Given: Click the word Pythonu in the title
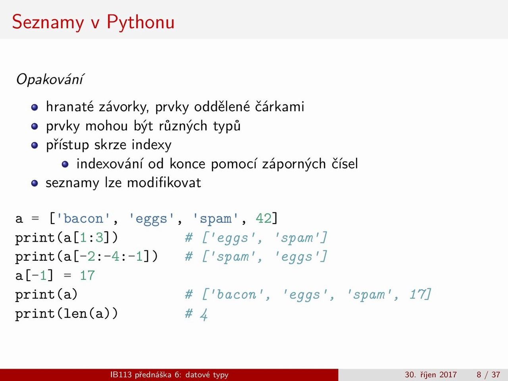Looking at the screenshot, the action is click(140, 23).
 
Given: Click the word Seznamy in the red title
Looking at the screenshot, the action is click(48, 23).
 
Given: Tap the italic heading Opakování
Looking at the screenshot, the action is click(50, 79).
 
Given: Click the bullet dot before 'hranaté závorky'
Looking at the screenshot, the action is click(35, 107).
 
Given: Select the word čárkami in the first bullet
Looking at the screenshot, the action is click(279, 107).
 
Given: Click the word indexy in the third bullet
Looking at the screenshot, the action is click(152, 145).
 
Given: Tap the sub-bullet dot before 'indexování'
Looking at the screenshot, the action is click(65, 164).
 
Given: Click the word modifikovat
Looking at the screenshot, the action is click(164, 183).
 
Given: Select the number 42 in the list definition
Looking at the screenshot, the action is click(264, 218).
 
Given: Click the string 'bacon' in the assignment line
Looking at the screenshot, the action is click(83, 218).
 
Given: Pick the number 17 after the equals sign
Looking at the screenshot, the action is click(87, 275).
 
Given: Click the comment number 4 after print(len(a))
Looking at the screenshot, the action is click(204, 314).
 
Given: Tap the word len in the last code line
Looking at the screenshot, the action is click(75, 314).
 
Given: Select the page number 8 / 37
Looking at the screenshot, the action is click(488, 375).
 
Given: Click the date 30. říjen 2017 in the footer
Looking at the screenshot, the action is click(431, 375).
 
